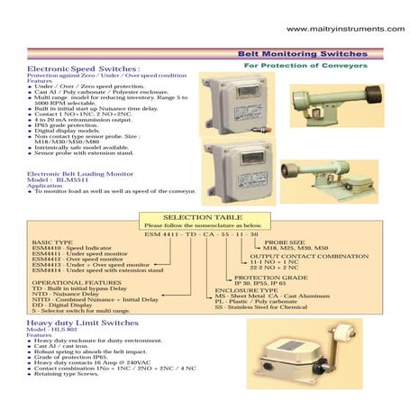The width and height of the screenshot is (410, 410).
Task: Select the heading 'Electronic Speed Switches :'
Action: [83, 68]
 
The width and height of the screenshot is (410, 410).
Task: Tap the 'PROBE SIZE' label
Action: [282, 242]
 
